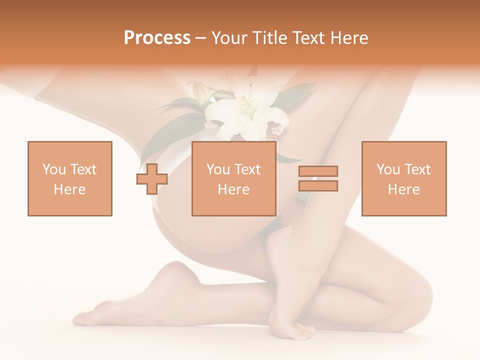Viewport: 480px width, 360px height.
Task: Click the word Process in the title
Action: point(157,38)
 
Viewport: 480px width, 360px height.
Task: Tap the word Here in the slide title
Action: point(348,38)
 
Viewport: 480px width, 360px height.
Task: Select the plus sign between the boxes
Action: point(152,179)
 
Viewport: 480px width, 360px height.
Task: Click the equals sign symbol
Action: point(318,178)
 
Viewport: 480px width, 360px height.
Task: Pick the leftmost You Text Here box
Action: point(69,178)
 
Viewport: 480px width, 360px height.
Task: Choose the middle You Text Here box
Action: point(233,178)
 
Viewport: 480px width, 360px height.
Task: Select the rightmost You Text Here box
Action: point(403,178)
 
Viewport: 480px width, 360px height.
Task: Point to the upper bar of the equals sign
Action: point(318,171)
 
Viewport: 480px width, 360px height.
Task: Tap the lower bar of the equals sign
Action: point(318,186)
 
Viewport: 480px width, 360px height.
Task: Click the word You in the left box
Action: point(54,169)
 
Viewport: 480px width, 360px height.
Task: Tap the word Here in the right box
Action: point(403,189)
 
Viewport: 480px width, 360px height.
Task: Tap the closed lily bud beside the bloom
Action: point(200,93)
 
